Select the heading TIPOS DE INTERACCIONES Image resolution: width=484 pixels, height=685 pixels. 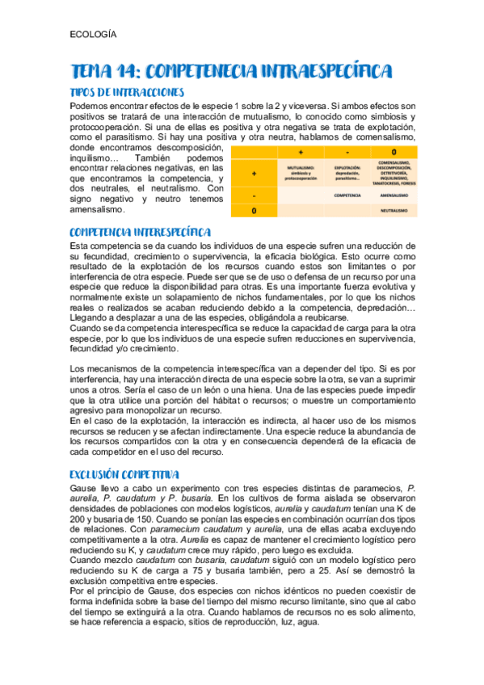coord(128,93)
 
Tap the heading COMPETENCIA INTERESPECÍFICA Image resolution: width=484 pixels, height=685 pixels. coord(141,232)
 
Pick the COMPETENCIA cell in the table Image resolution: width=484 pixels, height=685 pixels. coord(347,195)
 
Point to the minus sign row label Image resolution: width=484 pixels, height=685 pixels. coord(254,195)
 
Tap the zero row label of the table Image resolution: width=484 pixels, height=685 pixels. coord(254,210)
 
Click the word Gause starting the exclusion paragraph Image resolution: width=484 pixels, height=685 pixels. coord(86,489)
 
